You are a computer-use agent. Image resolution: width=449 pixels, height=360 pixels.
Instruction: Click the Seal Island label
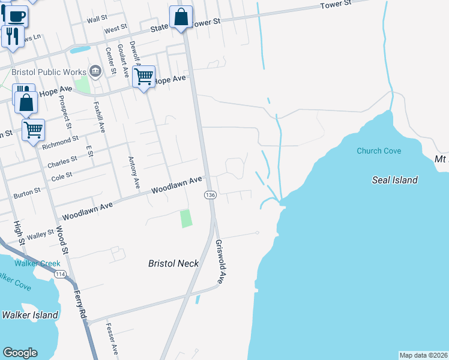click(394, 180)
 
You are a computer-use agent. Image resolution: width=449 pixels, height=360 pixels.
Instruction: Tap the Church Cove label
click(378, 151)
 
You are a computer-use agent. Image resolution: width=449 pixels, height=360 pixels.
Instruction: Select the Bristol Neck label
click(173, 263)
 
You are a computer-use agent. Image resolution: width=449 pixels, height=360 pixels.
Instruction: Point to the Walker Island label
click(30, 314)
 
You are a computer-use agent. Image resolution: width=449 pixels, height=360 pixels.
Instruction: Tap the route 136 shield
click(210, 196)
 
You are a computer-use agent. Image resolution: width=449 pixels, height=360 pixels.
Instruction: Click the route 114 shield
click(60, 274)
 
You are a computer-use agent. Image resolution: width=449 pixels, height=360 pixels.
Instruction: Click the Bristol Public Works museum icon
click(95, 71)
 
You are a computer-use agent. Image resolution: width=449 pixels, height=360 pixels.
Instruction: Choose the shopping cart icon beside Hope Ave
click(143, 76)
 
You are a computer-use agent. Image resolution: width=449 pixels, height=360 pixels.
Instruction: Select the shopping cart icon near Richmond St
click(34, 129)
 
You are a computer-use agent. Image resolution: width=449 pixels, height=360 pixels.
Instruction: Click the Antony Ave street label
click(134, 171)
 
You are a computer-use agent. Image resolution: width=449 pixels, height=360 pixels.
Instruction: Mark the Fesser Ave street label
click(112, 338)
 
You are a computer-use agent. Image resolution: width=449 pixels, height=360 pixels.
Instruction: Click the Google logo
click(20, 352)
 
